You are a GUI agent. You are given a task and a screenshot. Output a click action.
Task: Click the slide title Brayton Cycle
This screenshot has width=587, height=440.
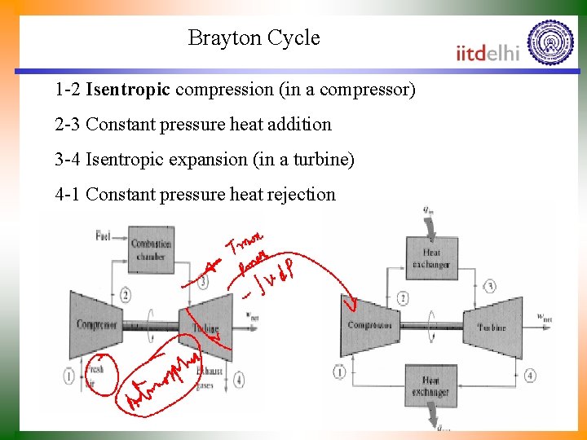click(x=254, y=37)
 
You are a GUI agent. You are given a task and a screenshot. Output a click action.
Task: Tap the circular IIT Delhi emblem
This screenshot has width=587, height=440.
click(x=550, y=42)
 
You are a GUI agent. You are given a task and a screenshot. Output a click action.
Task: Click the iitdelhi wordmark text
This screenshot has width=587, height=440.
click(x=488, y=53)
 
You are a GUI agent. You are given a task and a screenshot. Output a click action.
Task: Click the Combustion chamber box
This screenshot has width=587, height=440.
click(x=151, y=249)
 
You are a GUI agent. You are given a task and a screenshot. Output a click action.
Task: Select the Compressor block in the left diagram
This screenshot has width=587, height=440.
click(x=96, y=325)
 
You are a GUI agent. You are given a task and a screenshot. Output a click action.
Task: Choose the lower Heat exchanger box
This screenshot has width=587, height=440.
click(x=430, y=386)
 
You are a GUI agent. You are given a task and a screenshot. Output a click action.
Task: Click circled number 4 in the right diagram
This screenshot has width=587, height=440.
click(x=530, y=375)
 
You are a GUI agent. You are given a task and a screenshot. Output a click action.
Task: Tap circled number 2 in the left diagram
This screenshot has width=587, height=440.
click(x=124, y=295)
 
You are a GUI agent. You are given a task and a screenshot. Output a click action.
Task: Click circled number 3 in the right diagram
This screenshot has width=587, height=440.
click(x=490, y=286)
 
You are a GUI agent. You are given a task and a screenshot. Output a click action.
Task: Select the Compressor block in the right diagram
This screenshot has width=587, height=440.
click(x=370, y=325)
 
